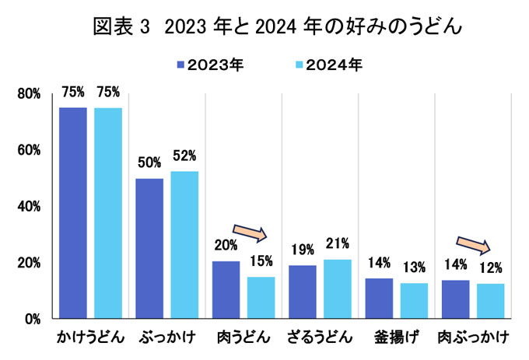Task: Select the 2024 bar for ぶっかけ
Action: pyautogui.click(x=184, y=244)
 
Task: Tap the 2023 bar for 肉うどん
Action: pyautogui.click(x=226, y=289)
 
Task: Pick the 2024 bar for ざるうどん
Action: pyautogui.click(x=337, y=288)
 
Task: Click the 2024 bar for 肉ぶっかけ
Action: pyautogui.click(x=490, y=300)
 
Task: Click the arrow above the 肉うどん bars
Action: pyautogui.click(x=250, y=231)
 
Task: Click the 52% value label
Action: pyautogui.click(x=184, y=156)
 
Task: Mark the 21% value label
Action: pyautogui.click(x=337, y=243)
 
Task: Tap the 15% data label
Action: pyautogui.click(x=261, y=261)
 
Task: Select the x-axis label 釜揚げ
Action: pyautogui.click(x=395, y=338)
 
